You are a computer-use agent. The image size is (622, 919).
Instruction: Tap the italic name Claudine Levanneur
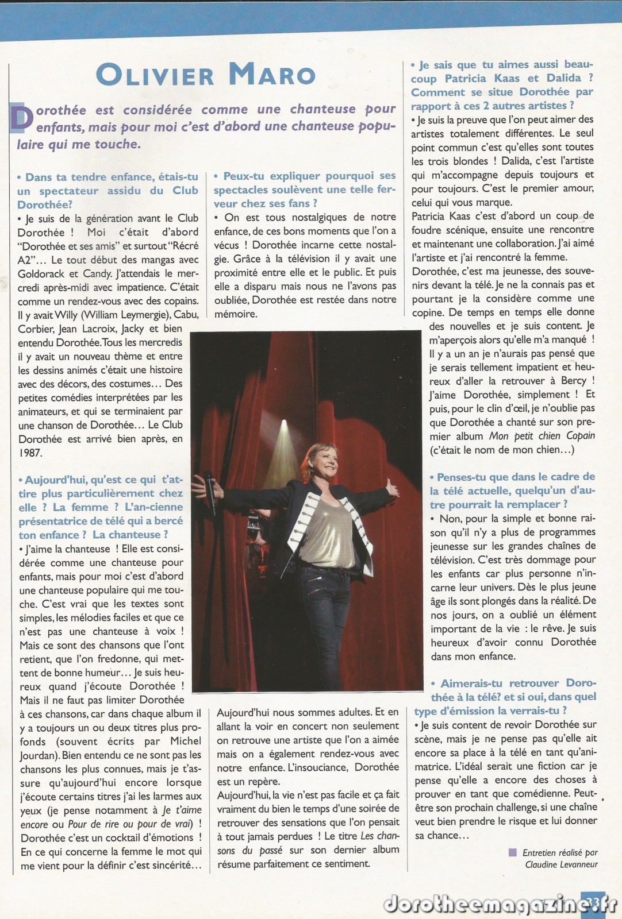point(561,864)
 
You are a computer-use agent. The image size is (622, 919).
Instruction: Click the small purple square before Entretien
point(513,852)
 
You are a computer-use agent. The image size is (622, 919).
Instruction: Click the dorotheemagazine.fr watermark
point(489,903)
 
